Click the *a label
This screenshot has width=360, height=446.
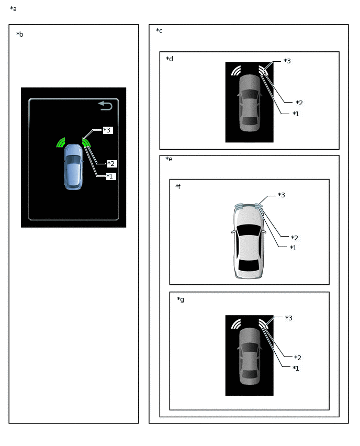14,9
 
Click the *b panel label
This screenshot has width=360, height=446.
20,35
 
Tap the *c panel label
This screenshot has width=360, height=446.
159,31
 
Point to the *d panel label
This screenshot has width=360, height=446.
170,59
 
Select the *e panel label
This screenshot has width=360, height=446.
169,159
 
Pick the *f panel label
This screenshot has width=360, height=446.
178,186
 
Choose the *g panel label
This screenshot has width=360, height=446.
181,299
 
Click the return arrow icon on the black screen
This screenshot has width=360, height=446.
106,106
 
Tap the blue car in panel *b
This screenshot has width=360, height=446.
74,167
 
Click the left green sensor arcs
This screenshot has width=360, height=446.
61,143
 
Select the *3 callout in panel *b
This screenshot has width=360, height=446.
108,130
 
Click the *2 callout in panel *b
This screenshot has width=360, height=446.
111,163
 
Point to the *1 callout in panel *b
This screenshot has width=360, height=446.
110,176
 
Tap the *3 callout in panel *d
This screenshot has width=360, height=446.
287,61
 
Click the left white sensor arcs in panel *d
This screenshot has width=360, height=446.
236,71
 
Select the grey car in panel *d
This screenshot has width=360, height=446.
250,103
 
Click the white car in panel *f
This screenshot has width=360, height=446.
249,241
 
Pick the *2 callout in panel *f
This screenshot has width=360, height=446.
295,238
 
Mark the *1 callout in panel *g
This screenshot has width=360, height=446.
296,369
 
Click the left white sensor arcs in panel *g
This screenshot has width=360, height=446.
236,324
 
